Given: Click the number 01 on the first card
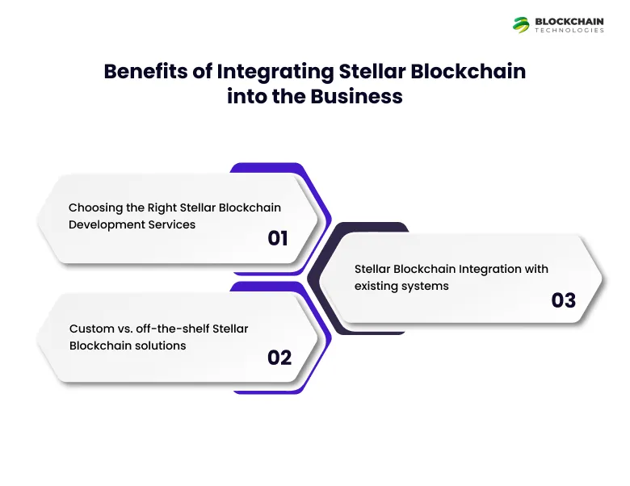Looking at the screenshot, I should pos(278,238).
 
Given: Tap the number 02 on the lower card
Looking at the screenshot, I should pos(279,358).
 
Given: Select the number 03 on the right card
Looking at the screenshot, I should pos(564,300).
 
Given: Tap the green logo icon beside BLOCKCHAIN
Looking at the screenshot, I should pos(521,24).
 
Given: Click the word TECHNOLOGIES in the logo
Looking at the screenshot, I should pos(569,31).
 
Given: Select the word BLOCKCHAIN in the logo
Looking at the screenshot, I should pos(569,21).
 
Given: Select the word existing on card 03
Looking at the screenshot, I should pos(376,286).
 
